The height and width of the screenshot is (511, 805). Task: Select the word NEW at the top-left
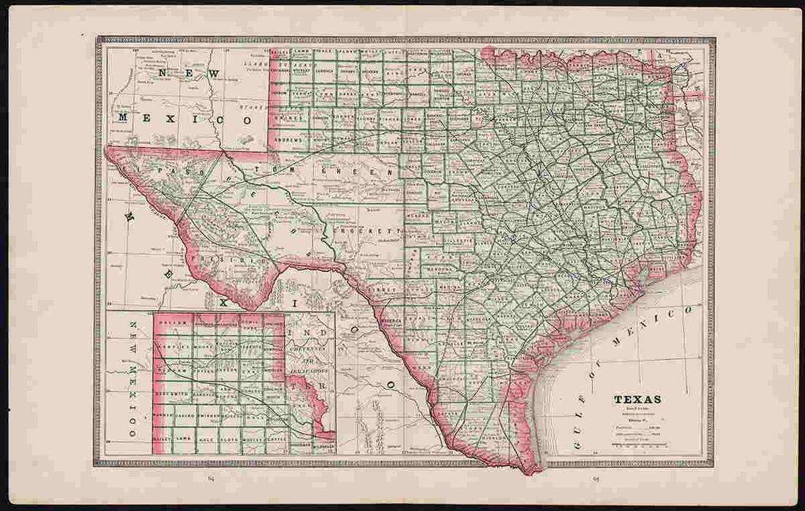point(190,74)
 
